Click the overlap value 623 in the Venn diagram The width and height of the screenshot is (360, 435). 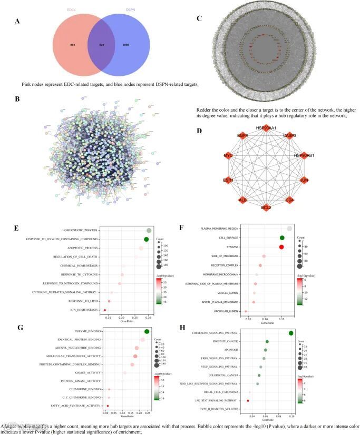pyautogui.click(x=101, y=45)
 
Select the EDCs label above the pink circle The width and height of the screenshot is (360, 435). pyautogui.click(x=71, y=9)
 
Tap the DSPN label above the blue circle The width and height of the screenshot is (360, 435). pyautogui.click(x=129, y=9)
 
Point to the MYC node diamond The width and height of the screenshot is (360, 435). pyautogui.click(x=228, y=156)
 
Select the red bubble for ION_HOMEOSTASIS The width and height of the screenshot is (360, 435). pyautogui.click(x=105, y=310)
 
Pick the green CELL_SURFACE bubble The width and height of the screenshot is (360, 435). pyautogui.click(x=282, y=238)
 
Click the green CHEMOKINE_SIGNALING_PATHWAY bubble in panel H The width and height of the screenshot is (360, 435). pyautogui.click(x=291, y=333)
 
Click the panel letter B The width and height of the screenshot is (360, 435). pyautogui.click(x=17, y=99)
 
